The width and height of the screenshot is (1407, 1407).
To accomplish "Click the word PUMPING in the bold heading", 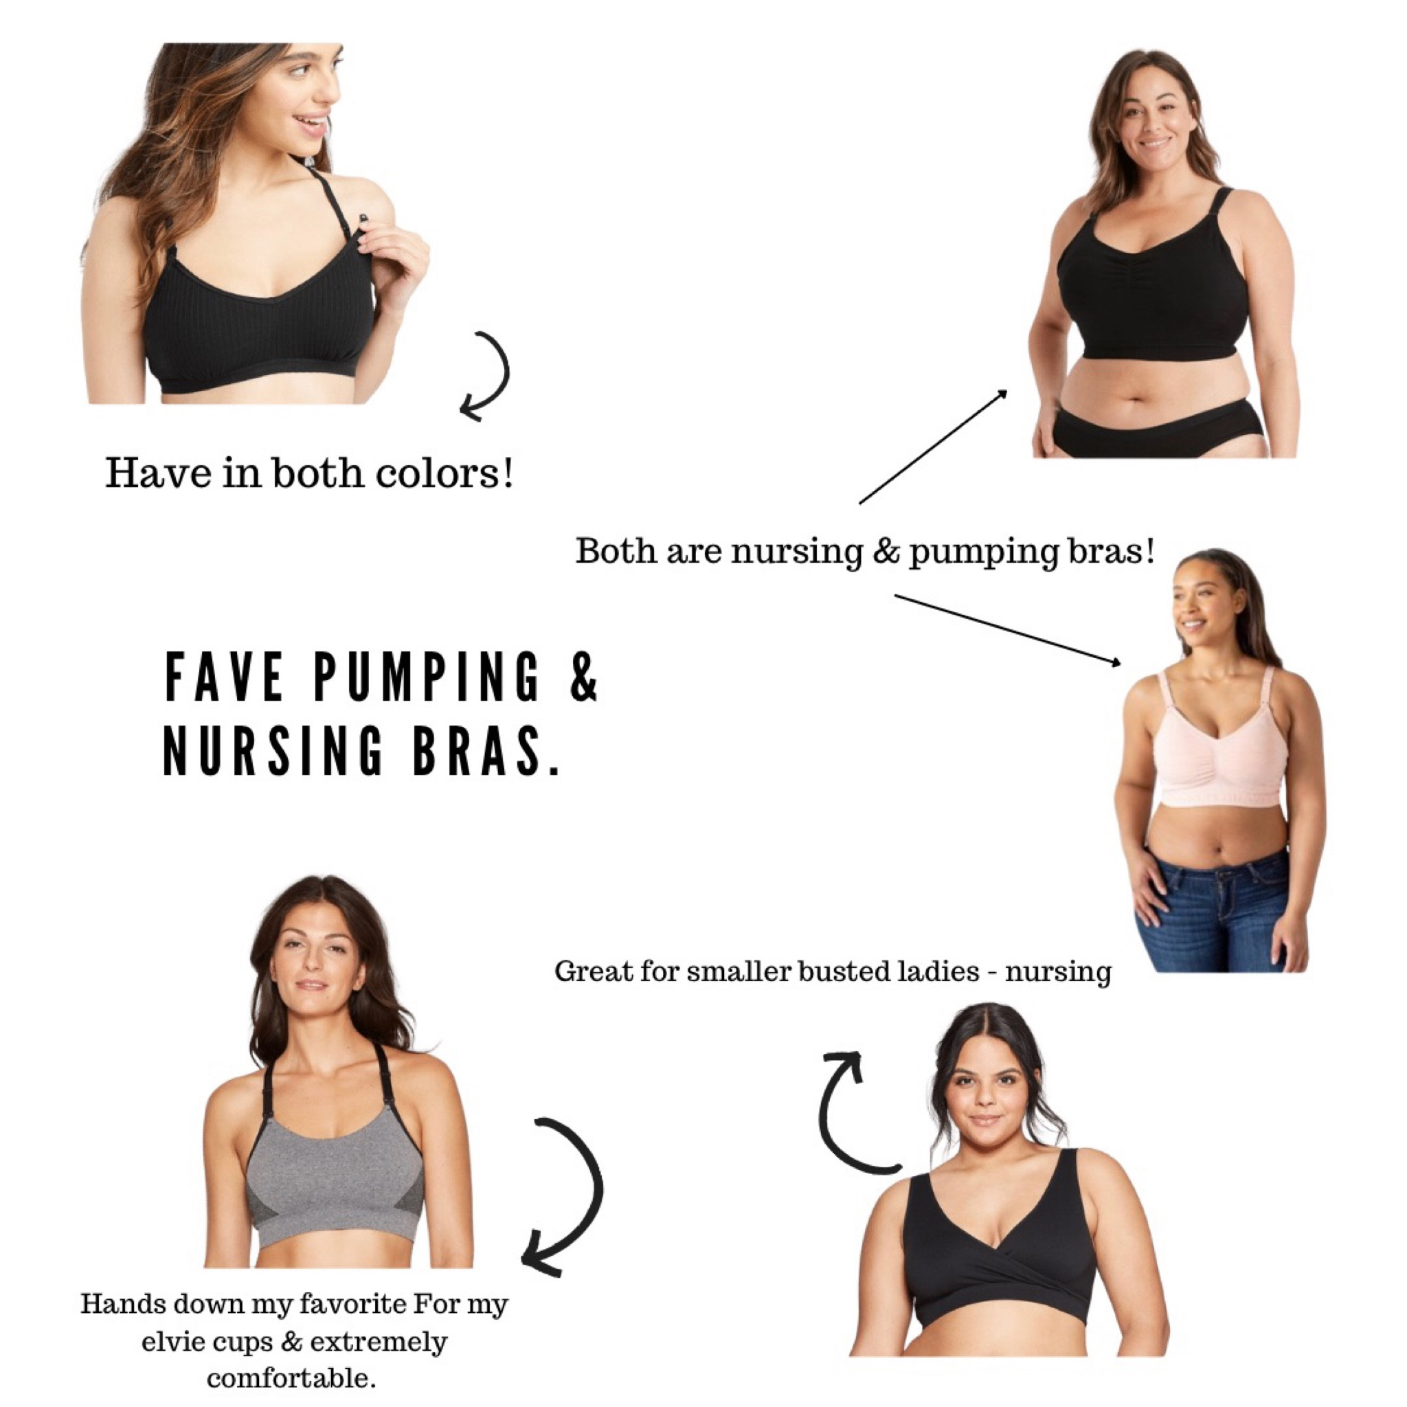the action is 427,677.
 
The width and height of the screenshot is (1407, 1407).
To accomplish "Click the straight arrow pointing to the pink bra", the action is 1008,629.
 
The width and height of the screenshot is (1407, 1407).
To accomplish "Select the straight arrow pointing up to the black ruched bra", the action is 934,447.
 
